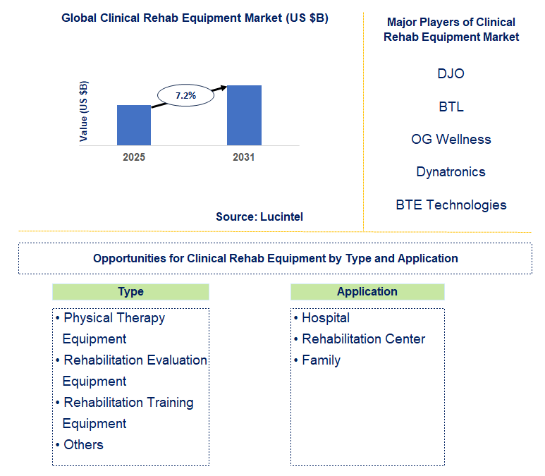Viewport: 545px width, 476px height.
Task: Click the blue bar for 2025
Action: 134,125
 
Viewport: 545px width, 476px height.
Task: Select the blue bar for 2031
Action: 244,115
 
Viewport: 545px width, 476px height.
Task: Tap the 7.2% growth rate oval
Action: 185,94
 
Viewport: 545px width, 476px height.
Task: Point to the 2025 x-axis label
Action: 134,157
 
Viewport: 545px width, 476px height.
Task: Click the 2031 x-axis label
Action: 244,157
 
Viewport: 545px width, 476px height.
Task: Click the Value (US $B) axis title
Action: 84,111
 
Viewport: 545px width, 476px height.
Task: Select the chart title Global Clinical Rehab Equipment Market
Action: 195,18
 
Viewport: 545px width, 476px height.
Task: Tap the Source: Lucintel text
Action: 259,216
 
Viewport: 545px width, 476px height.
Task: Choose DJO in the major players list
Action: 451,73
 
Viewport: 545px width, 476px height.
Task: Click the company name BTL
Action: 451,106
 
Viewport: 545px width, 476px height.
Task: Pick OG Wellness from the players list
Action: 451,139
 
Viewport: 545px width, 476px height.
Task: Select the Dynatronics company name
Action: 451,172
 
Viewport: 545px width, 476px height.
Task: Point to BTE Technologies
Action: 451,205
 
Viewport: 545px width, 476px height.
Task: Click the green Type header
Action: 130,292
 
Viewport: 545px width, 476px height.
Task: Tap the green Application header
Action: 367,292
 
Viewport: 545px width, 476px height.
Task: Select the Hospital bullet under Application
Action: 325,318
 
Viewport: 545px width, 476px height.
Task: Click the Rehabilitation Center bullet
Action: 363,339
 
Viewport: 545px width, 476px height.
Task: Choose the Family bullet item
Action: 321,360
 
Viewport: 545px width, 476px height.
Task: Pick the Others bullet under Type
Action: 83,445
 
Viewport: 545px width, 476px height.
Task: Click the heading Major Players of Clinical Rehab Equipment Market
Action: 451,30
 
